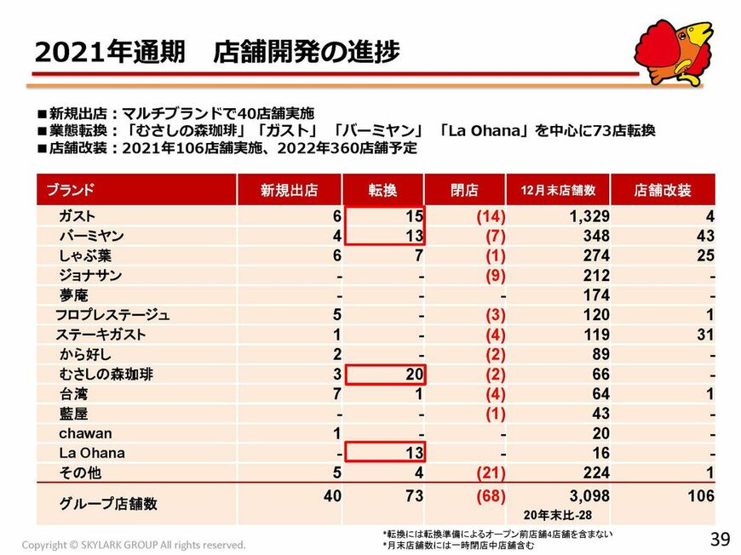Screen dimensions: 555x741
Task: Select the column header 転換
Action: (x=382, y=190)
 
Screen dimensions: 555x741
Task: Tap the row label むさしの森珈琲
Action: (x=106, y=375)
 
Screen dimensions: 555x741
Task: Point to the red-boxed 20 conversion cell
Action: (x=412, y=375)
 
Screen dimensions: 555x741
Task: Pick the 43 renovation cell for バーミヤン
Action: (x=704, y=236)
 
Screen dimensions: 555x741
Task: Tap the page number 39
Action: (x=720, y=538)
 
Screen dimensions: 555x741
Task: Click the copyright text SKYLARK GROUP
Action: (x=134, y=545)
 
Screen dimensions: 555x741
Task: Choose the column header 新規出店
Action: (x=289, y=190)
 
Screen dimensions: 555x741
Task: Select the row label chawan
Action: (x=85, y=433)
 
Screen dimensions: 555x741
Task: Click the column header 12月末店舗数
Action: (x=558, y=190)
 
